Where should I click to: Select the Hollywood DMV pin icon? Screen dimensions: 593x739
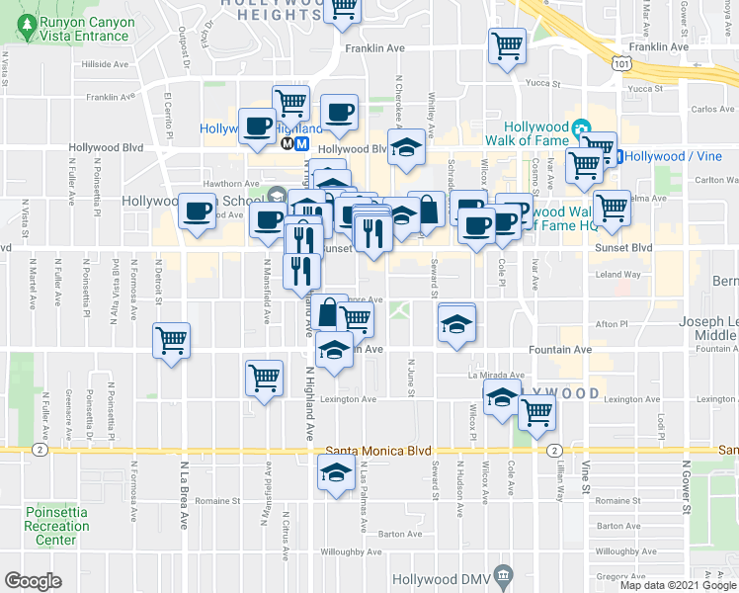point(503,574)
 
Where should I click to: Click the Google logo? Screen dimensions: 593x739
point(33,581)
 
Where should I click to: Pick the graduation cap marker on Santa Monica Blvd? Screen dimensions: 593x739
point(335,473)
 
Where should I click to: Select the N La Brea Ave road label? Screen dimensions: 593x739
point(184,493)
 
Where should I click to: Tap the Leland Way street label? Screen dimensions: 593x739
point(618,274)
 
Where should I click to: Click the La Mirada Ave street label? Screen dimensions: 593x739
point(493,376)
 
